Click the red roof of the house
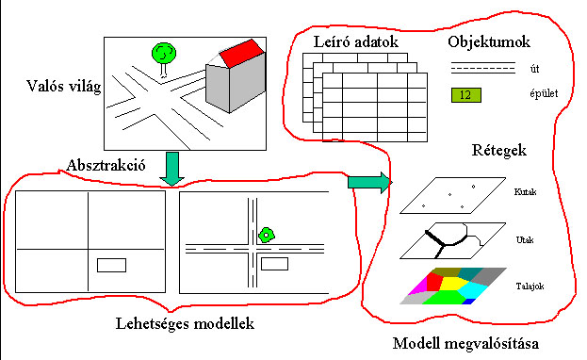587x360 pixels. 242,54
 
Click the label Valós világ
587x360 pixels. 64,87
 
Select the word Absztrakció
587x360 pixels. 106,165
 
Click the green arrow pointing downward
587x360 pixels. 171,169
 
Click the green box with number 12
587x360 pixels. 465,95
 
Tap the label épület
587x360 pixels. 544,93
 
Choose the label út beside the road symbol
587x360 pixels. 534,69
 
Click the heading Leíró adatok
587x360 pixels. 355,41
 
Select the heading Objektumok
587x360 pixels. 489,41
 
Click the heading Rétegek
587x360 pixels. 499,150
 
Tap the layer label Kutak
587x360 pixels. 525,192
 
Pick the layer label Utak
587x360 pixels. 525,239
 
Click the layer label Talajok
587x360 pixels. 530,286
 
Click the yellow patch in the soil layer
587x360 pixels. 453,283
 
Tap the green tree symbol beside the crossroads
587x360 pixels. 266,236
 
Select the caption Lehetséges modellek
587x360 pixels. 185,323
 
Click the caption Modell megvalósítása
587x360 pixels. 465,344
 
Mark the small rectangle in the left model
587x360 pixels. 111,265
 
